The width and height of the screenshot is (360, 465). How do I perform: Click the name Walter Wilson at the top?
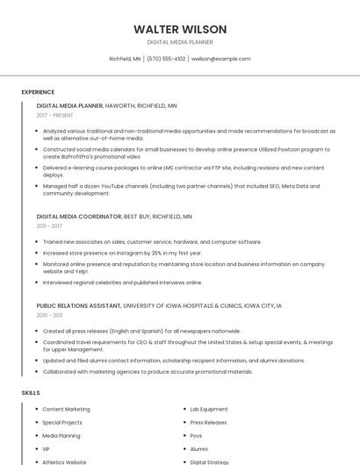click(180, 29)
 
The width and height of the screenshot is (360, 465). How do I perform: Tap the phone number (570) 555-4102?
click(166, 59)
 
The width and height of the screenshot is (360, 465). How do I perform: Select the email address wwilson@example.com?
click(221, 59)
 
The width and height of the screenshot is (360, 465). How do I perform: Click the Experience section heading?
click(38, 91)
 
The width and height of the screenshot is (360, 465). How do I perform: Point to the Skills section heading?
click(31, 392)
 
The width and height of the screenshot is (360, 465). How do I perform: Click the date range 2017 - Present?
click(55, 115)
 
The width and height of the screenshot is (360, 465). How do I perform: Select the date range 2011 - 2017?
click(49, 225)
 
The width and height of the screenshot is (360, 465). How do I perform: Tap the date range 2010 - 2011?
click(49, 315)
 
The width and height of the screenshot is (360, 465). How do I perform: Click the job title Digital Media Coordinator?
click(79, 216)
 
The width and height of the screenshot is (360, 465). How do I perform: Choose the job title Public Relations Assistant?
click(79, 305)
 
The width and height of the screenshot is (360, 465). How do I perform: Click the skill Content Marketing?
click(66, 409)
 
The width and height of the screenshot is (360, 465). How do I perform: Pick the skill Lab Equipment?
click(209, 409)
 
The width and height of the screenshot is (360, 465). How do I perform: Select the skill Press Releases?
click(208, 422)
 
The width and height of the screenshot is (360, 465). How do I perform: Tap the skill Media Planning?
click(61, 435)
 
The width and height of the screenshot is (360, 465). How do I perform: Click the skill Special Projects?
click(63, 422)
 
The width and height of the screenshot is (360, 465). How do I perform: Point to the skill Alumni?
click(199, 448)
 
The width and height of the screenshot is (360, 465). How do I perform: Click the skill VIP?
click(47, 448)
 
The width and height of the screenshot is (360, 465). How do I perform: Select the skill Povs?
click(197, 435)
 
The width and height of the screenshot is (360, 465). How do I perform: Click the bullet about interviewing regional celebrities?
click(122, 283)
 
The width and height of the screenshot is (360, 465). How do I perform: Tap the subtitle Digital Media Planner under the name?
click(180, 42)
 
